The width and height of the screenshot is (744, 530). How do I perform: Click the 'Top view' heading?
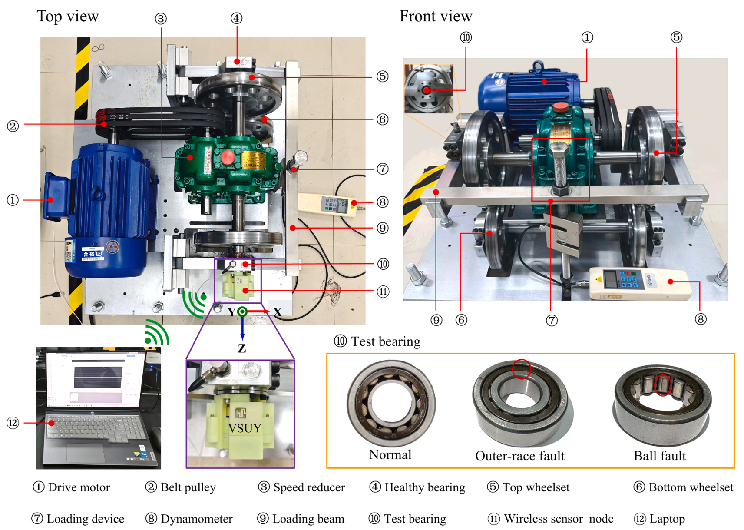[x=68, y=17]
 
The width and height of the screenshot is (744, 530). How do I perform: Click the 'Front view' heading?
[x=436, y=17]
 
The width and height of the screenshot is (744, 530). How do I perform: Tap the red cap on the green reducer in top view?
[x=227, y=157]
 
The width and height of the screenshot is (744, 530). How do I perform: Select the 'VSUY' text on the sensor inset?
[x=245, y=428]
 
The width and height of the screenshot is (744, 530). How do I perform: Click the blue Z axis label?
[x=242, y=348]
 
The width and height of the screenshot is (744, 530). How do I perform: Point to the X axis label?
[x=278, y=312]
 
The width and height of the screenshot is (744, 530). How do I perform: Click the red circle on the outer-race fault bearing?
[x=521, y=369]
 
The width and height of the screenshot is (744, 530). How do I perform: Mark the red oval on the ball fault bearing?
[x=663, y=385]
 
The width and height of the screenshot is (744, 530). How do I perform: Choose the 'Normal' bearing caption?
[x=390, y=455]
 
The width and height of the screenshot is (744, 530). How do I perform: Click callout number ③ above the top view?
[x=161, y=19]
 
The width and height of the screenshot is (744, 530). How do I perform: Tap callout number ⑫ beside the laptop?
[x=13, y=423]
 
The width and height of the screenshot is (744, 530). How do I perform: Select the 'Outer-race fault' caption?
[x=519, y=456]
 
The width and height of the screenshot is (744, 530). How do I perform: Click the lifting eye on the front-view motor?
[x=538, y=66]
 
